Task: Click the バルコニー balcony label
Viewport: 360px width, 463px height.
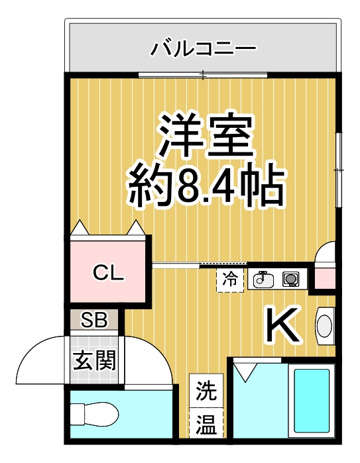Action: coord(203,48)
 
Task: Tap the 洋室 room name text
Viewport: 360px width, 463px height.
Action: coord(206,136)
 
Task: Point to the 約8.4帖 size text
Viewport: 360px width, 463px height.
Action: coord(207,186)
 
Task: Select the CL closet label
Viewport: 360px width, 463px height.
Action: coord(108,273)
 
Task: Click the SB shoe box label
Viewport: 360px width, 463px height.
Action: coord(94,320)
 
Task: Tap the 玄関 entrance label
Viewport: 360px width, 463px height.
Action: coord(95,360)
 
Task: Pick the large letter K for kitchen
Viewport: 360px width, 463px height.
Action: coord(282,325)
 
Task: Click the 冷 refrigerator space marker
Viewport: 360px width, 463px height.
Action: coord(230,280)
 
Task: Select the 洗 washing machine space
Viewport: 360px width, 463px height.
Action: coord(206,390)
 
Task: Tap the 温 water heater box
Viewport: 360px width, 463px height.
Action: coord(206,423)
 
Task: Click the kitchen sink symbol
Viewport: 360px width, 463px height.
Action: coord(263,279)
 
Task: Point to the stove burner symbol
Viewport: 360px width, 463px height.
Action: coord(290,279)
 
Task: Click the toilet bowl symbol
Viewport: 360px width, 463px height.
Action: coord(95,415)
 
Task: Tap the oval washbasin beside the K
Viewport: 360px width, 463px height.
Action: coord(325,326)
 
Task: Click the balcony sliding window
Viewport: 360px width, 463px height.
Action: coord(203,75)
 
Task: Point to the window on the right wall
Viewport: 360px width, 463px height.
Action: coord(339,170)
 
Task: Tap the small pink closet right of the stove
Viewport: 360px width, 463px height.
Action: coord(325,278)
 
